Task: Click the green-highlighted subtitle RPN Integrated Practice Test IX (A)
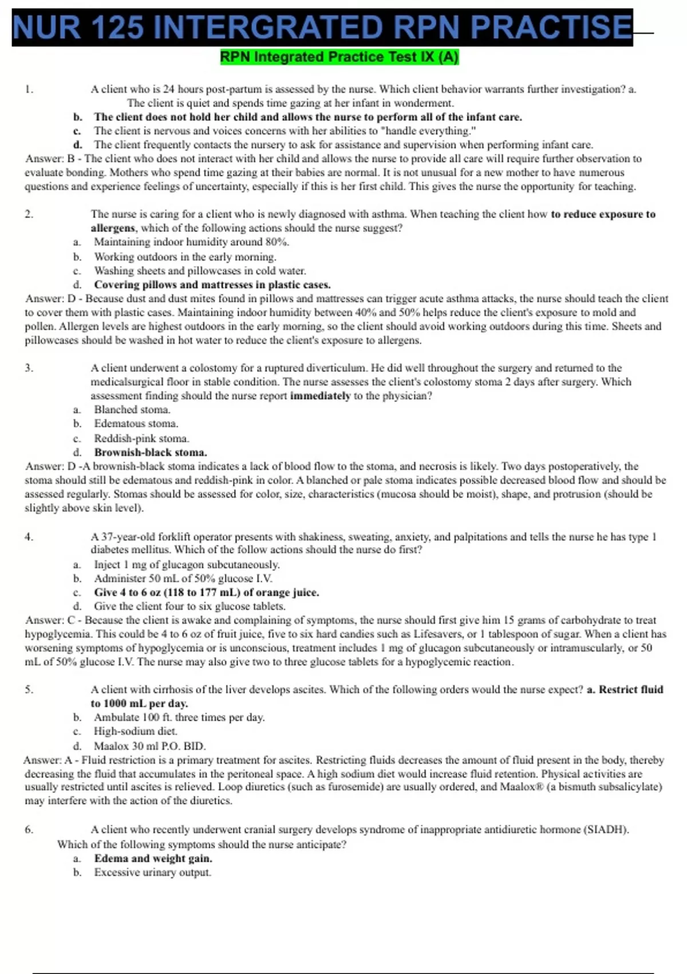pos(339,57)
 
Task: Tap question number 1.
pos(29,89)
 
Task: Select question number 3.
pos(29,368)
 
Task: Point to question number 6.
pos(29,830)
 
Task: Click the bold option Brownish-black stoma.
pos(151,453)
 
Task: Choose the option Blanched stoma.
pos(132,410)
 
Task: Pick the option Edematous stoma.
pos(136,424)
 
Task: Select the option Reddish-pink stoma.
pos(141,439)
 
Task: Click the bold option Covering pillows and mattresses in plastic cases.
pos(212,285)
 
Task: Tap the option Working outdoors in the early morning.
pos(185,257)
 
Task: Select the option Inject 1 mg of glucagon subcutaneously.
pos(187,565)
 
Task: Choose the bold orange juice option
pos(207,592)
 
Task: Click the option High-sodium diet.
pos(136,732)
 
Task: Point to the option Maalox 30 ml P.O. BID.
pos(150,747)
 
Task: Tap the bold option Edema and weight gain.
pos(153,859)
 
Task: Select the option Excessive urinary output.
pos(153,873)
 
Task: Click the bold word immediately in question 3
pos(320,396)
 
